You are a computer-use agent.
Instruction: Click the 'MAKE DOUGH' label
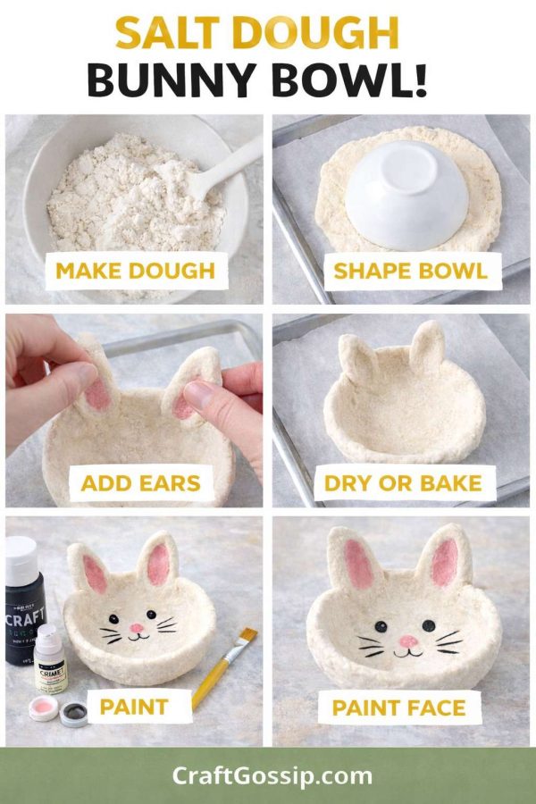[136, 271]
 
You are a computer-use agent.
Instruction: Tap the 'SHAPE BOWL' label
[410, 271]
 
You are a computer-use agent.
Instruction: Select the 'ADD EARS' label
[140, 483]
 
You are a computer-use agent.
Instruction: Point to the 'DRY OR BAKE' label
[403, 483]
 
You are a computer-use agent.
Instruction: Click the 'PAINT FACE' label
[399, 708]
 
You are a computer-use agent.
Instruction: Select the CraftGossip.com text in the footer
[272, 775]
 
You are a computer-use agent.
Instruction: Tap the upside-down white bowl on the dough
[407, 195]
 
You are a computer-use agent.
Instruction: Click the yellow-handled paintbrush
[224, 667]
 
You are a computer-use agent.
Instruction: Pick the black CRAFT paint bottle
[25, 601]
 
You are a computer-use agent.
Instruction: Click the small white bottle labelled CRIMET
[50, 660]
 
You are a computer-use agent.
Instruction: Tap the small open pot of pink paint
[44, 708]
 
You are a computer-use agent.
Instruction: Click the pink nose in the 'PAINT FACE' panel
[408, 641]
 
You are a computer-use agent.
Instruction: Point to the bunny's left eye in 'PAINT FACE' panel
[381, 626]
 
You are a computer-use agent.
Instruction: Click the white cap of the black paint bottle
[21, 555]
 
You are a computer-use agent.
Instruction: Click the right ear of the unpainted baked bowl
[427, 348]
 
